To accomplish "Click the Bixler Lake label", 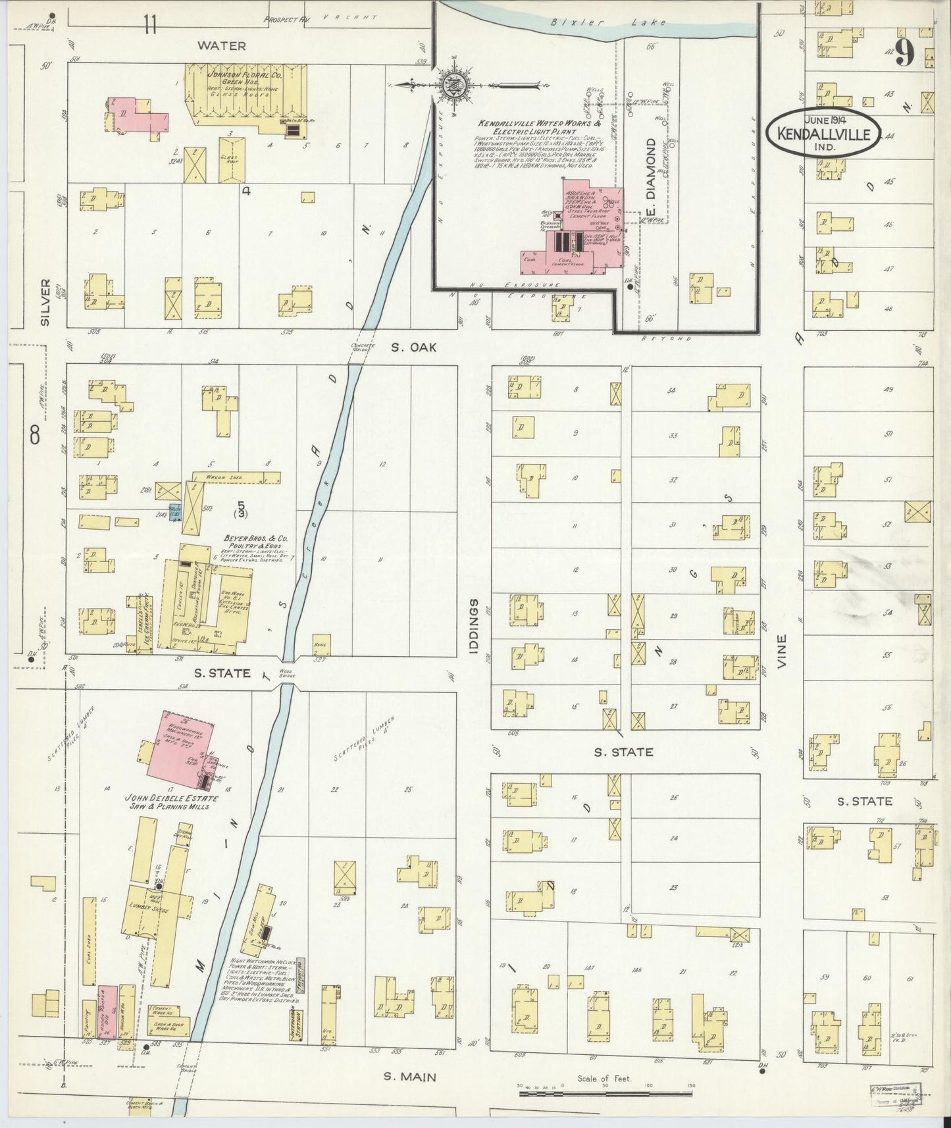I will click(x=608, y=22).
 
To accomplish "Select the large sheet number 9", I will click(x=905, y=53).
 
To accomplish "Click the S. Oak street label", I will click(x=413, y=347).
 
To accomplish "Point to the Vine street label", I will click(x=782, y=651).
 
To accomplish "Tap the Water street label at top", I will click(x=222, y=46).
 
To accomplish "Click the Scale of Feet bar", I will click(x=605, y=1093).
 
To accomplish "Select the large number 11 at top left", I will click(x=151, y=26).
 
